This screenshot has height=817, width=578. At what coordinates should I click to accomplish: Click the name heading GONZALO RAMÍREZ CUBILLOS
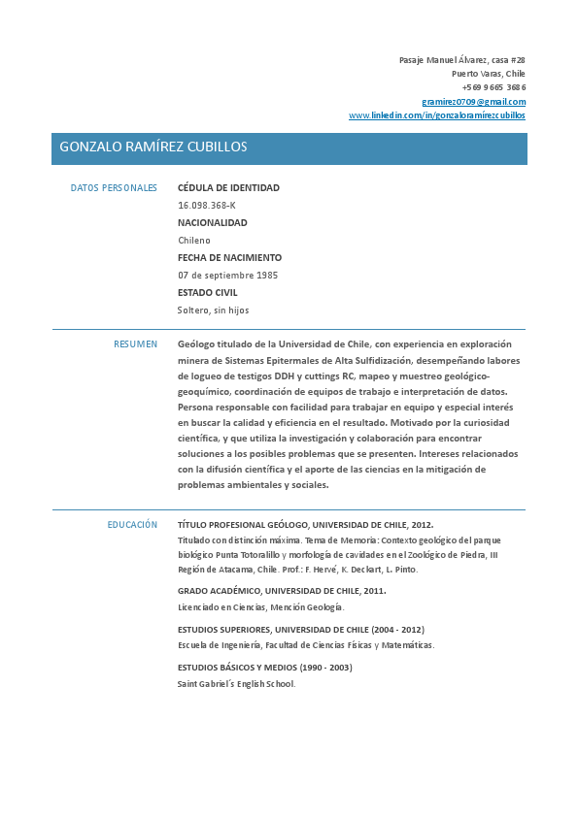[x=153, y=147]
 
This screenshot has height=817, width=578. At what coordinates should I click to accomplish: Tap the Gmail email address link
[x=473, y=101]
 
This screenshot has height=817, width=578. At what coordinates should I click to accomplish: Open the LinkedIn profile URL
[x=437, y=114]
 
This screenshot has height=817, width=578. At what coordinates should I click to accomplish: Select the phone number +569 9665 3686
[x=493, y=87]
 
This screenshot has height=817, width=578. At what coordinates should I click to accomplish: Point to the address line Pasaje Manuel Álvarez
[x=461, y=60]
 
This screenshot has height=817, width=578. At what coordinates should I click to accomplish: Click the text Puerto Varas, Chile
[x=488, y=74]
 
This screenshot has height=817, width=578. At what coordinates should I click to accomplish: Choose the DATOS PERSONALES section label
[x=114, y=188]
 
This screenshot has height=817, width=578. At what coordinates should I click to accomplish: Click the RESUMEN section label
[x=135, y=344]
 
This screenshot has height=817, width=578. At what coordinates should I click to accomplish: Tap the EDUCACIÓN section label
[x=132, y=525]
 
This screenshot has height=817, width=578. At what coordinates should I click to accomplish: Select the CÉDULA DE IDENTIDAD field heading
[x=228, y=188]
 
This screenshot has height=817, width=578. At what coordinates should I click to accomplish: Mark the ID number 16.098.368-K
[x=206, y=206]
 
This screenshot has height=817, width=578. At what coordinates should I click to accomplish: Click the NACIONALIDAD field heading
[x=212, y=223]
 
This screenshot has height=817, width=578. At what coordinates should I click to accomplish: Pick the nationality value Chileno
[x=193, y=241]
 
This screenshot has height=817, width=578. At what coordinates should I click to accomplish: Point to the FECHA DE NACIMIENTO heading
[x=229, y=258]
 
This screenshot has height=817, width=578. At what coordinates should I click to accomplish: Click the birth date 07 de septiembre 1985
[x=227, y=276]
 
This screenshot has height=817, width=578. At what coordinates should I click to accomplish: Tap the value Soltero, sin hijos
[x=213, y=310]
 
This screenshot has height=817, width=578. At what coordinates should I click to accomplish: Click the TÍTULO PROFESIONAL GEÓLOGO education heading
[x=305, y=525]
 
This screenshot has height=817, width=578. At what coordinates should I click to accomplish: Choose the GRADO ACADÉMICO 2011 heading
[x=281, y=591]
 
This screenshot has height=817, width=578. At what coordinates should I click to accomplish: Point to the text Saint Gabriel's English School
[x=235, y=684]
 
